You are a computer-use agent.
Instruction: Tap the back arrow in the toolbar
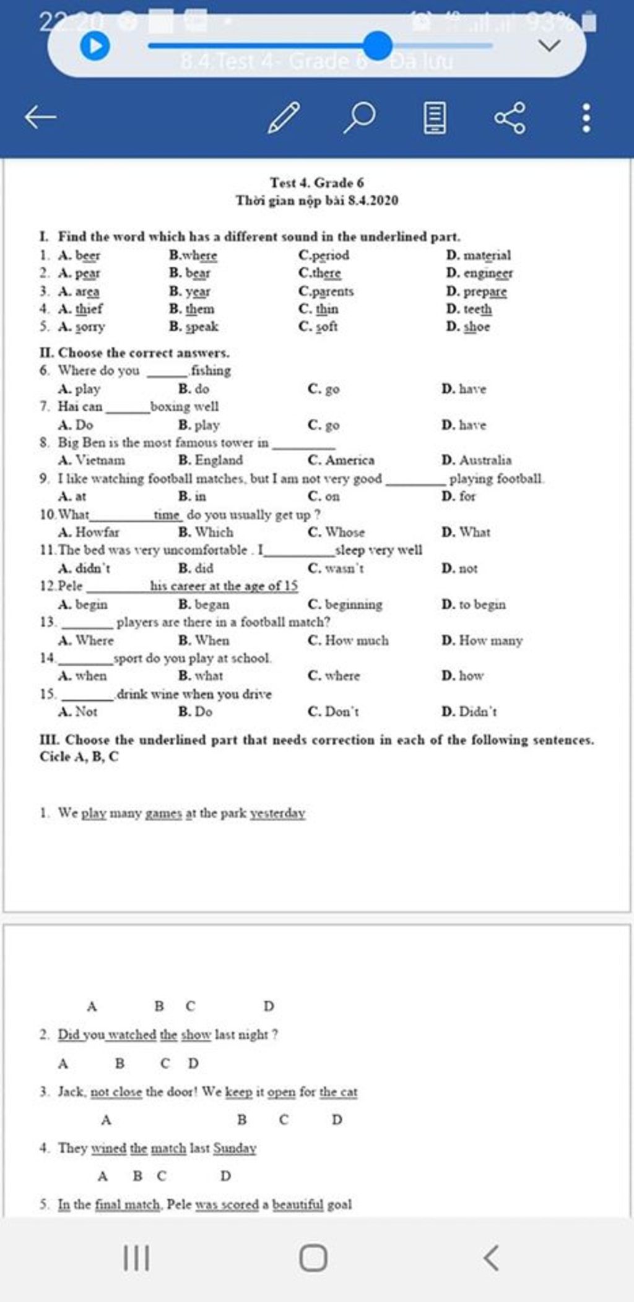pyautogui.click(x=41, y=116)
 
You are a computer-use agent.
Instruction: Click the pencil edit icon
pyautogui.click(x=284, y=117)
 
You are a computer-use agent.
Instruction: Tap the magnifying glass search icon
pyautogui.click(x=359, y=117)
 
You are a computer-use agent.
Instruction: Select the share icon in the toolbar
pyautogui.click(x=510, y=117)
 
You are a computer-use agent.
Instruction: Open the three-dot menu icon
pyautogui.click(x=586, y=117)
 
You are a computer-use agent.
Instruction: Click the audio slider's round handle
pyautogui.click(x=377, y=46)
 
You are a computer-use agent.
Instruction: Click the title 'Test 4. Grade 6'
pyautogui.click(x=316, y=182)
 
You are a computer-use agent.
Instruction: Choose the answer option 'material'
pyautogui.click(x=487, y=255)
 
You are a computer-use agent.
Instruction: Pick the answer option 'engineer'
pyautogui.click(x=488, y=273)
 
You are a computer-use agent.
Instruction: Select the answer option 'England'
pyautogui.click(x=219, y=460)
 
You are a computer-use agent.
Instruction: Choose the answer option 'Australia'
pyautogui.click(x=485, y=460)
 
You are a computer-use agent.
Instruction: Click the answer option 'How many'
pyautogui.click(x=490, y=640)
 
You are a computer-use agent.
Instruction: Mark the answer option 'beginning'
pyautogui.click(x=353, y=604)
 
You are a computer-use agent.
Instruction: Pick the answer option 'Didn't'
pyautogui.click(x=477, y=711)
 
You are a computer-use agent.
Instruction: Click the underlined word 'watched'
pyautogui.click(x=131, y=1034)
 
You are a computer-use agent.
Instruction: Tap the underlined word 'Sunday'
pyautogui.click(x=235, y=1148)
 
